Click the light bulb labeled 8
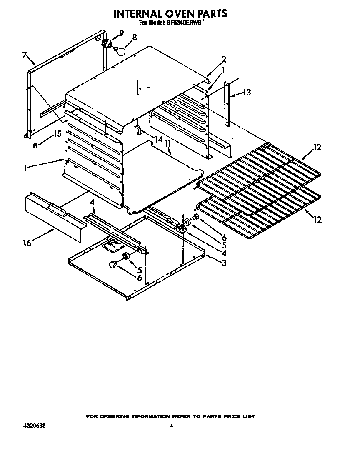[120, 50]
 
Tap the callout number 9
[121, 33]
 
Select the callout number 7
[25, 55]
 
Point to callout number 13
[247, 93]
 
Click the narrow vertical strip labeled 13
[227, 104]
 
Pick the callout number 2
[224, 59]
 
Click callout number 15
[57, 134]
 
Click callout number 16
[27, 243]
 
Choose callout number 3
[224, 263]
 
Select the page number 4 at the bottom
[171, 426]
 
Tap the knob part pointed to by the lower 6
[113, 264]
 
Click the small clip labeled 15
[35, 145]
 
